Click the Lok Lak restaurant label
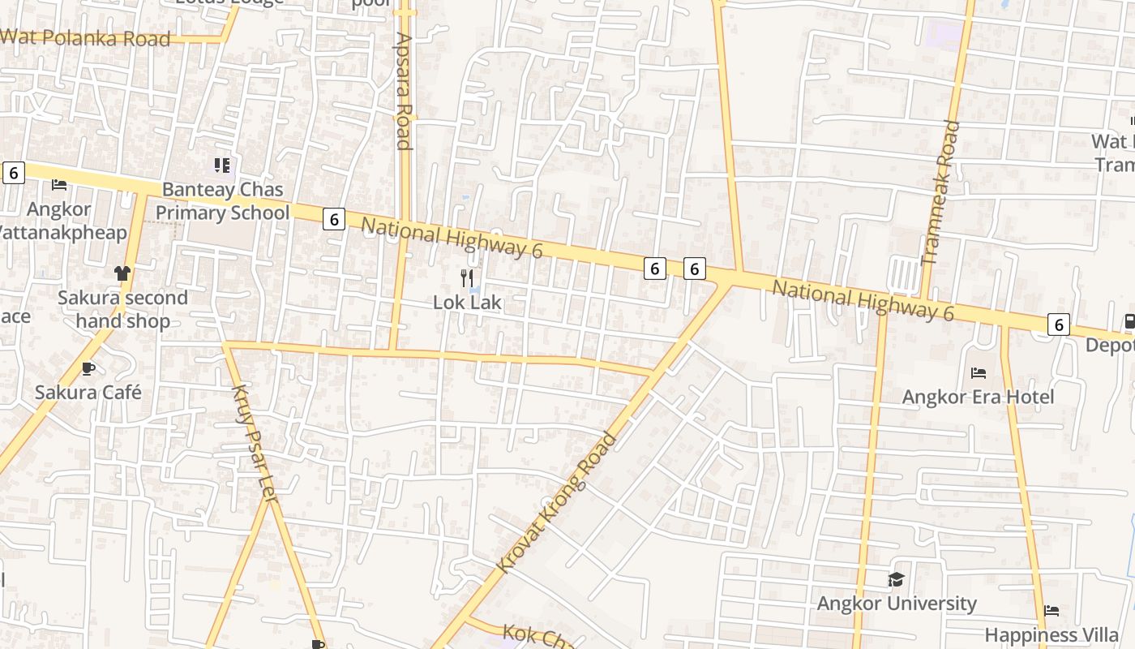468,303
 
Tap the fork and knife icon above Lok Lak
467,278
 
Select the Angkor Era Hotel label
978,397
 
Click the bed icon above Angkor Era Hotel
979,373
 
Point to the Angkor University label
896,604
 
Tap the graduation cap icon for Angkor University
896,579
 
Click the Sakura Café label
88,393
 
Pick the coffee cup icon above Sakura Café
88,369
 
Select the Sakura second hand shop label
122,309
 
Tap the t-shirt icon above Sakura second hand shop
122,273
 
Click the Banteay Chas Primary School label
222,201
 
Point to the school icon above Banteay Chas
222,165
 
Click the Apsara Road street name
404,91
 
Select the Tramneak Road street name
941,193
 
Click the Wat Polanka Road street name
85,38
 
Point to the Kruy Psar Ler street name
255,443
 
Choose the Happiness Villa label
1051,634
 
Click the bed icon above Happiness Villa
1051,610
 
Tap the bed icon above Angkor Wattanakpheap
59,185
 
